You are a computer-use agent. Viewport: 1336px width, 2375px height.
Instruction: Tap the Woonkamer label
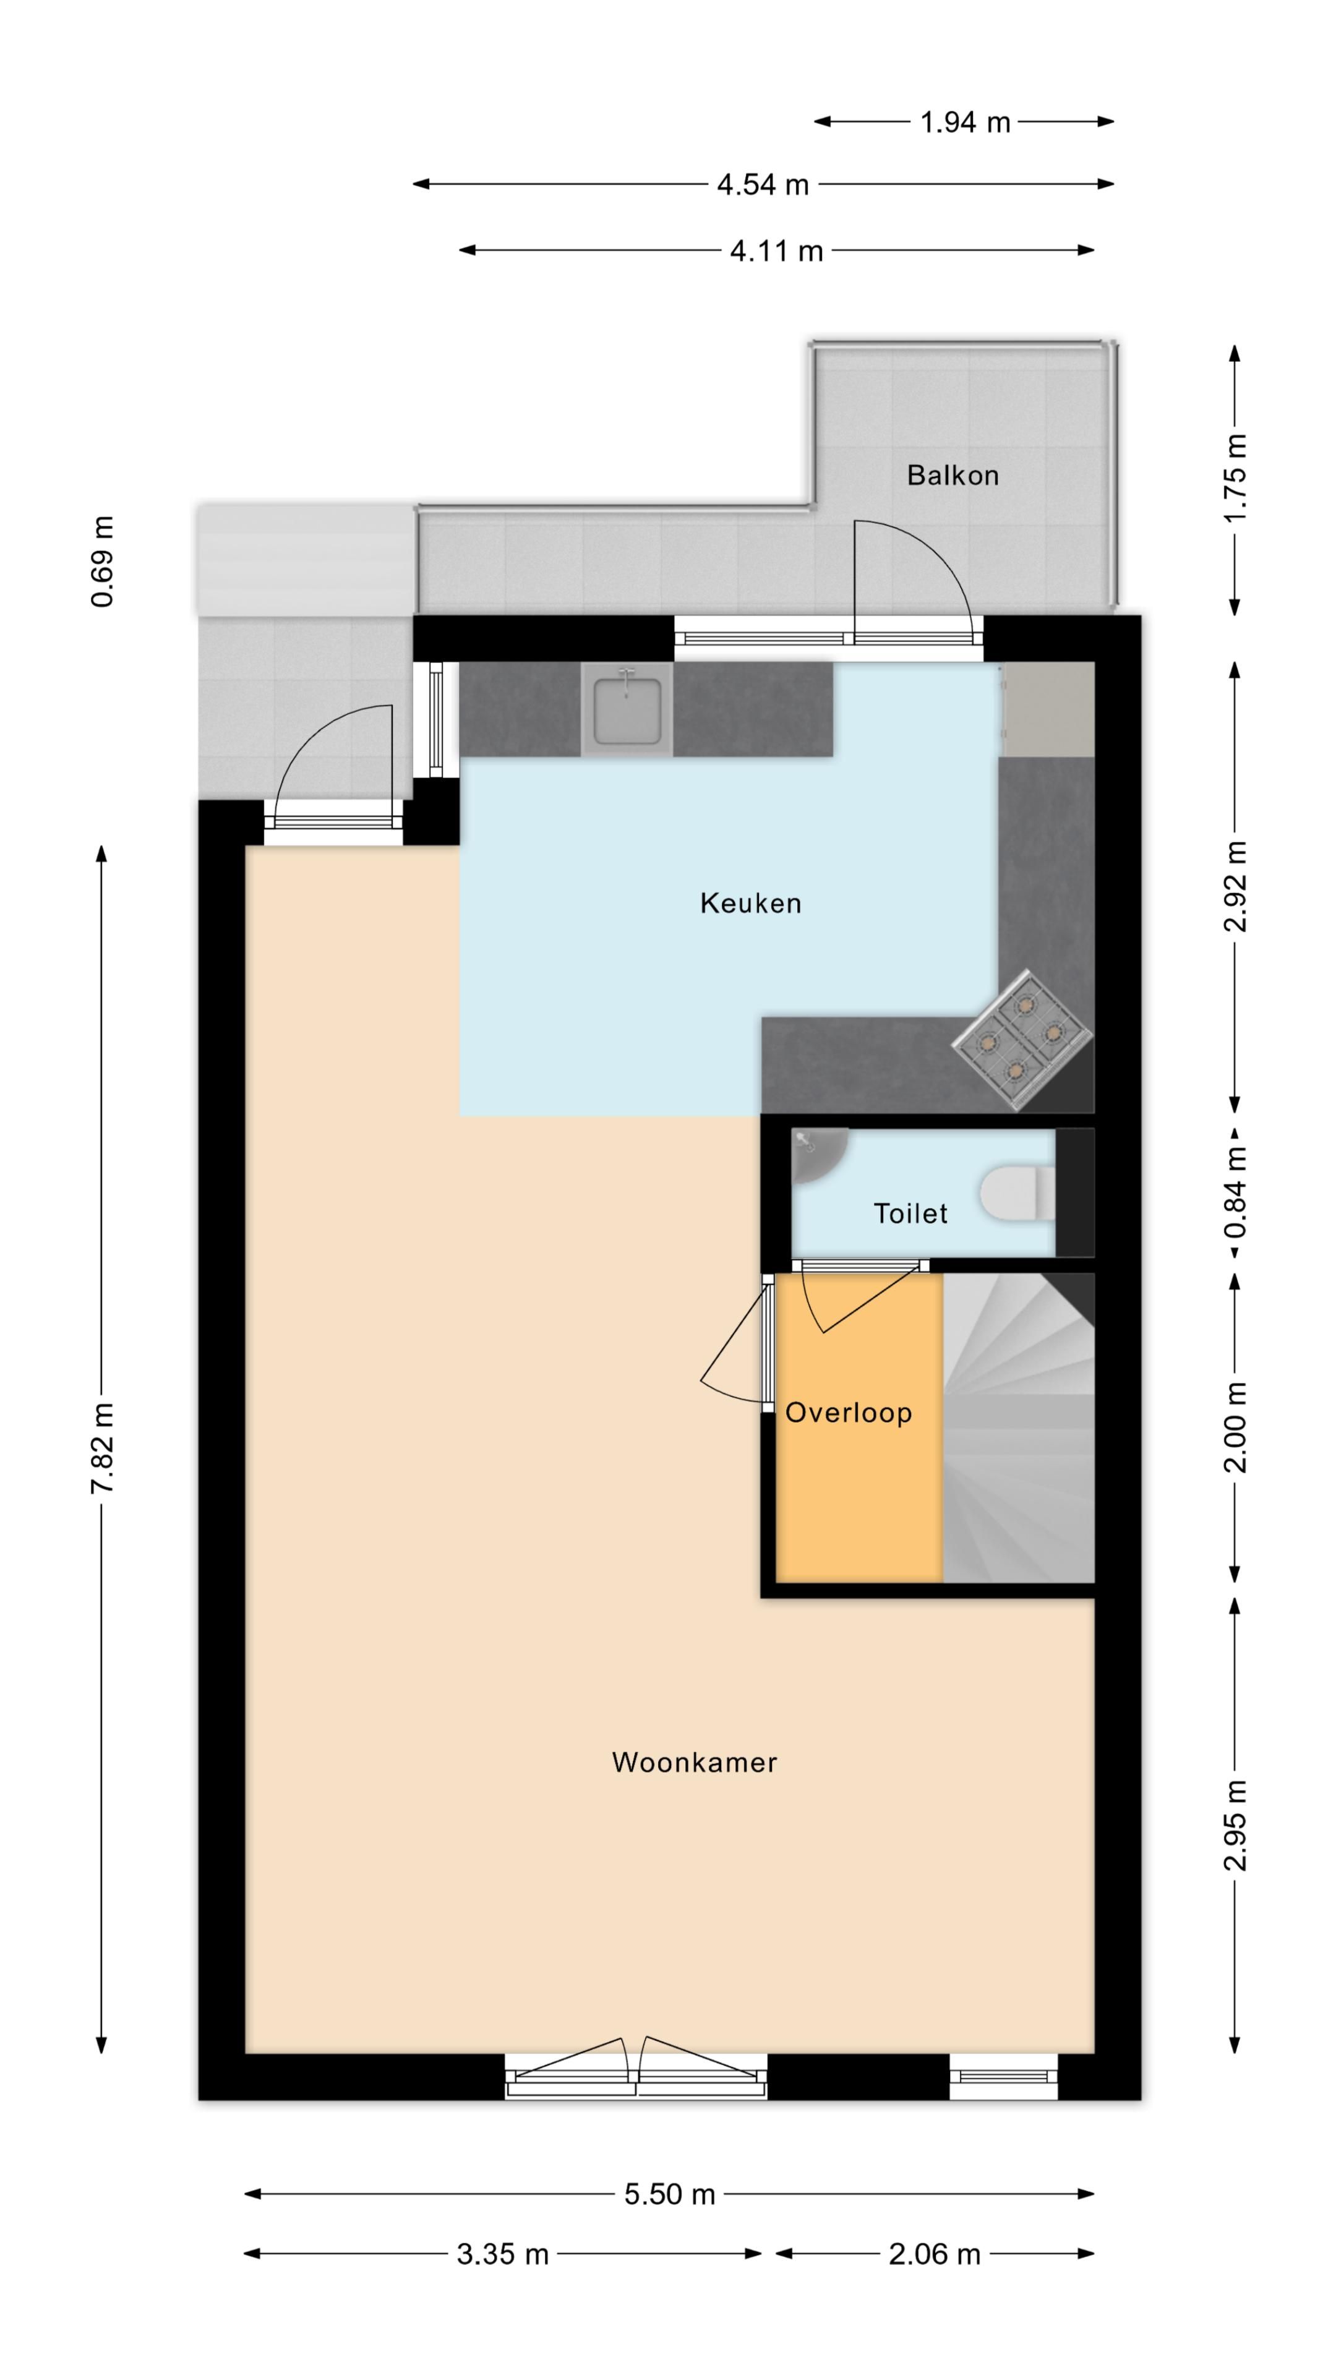(x=694, y=1762)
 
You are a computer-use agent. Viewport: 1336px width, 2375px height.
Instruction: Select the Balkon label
(x=953, y=475)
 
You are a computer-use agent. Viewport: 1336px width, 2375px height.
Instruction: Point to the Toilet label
(x=910, y=1213)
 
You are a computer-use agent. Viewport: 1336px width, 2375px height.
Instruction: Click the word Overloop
(x=848, y=1413)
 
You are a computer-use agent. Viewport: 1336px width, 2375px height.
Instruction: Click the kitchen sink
(x=627, y=710)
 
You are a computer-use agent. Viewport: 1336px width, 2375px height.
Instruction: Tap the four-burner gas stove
(x=1022, y=1040)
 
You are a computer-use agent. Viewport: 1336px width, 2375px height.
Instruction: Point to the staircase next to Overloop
(x=1018, y=1427)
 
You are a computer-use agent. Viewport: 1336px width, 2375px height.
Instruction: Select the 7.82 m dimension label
(x=101, y=1447)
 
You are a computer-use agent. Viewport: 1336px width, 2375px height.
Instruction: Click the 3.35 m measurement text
(x=502, y=2254)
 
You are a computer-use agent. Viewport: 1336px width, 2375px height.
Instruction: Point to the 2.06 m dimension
(x=934, y=2254)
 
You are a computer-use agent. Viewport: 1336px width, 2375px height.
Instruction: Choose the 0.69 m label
(x=101, y=562)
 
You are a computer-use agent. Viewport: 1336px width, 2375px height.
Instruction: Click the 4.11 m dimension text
(x=776, y=250)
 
